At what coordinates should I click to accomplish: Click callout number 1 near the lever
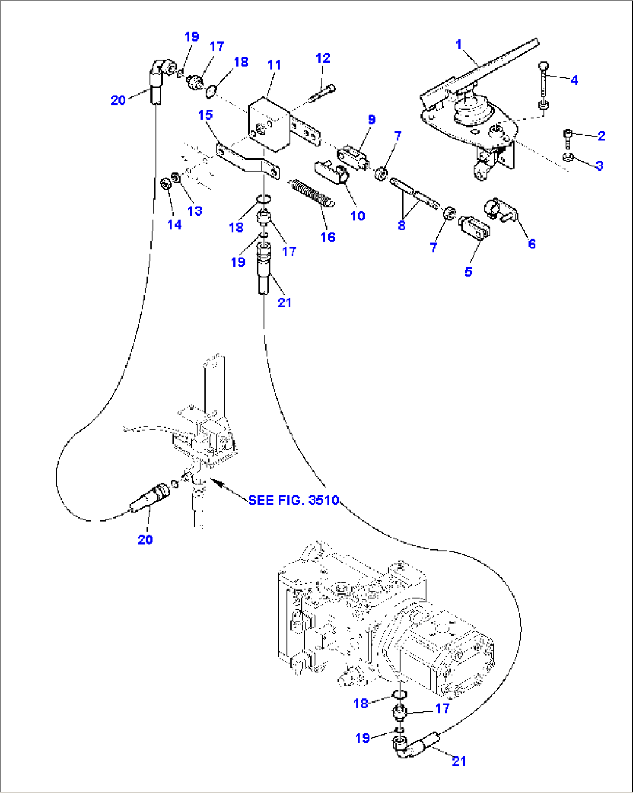459,45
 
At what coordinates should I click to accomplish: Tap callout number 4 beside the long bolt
574,80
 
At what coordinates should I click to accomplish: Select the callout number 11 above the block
275,65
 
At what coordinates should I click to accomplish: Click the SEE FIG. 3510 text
293,500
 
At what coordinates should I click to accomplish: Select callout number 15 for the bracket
205,115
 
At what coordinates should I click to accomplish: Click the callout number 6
531,244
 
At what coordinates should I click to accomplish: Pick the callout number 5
468,271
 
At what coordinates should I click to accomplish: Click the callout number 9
371,120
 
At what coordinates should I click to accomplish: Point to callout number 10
358,216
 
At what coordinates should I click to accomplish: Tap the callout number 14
174,224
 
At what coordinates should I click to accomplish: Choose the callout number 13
195,211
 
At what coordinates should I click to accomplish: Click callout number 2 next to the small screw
601,136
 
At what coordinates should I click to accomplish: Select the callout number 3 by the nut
599,165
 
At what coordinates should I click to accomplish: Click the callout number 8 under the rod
401,226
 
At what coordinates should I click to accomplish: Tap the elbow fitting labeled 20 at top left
157,76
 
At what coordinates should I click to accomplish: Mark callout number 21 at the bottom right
459,761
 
